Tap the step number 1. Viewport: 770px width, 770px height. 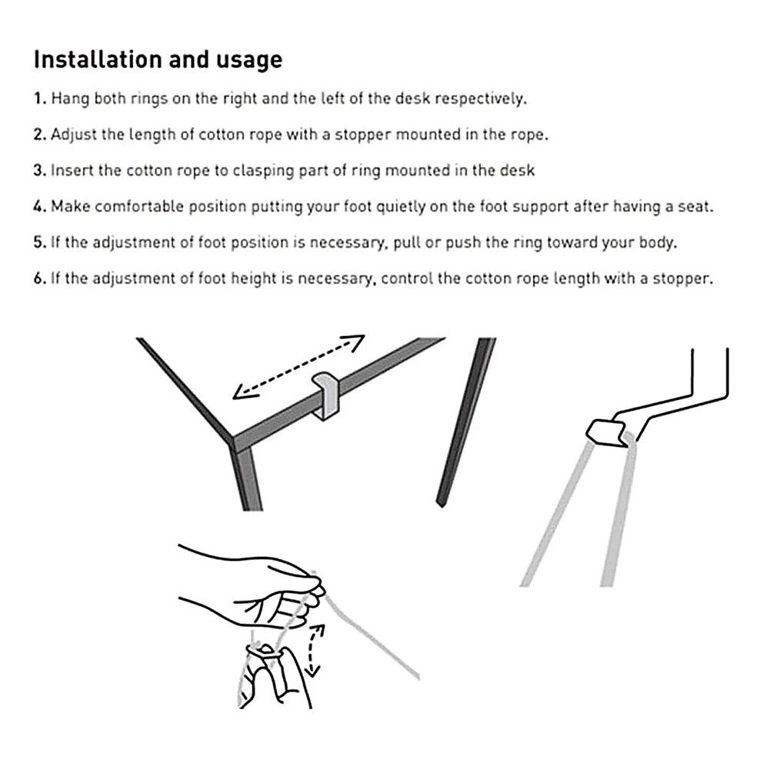click(x=39, y=99)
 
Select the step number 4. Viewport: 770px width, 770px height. click(x=39, y=207)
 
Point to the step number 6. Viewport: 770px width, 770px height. click(x=39, y=278)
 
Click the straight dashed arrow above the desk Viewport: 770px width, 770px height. click(x=298, y=367)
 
